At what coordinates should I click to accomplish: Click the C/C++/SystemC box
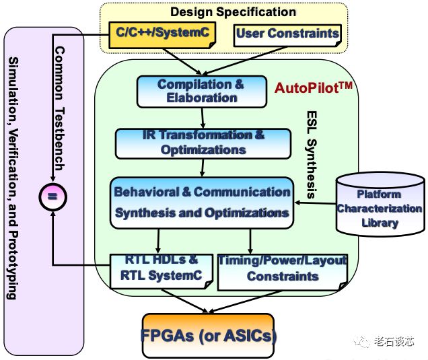click(162, 35)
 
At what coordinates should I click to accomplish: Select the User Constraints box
click(287, 36)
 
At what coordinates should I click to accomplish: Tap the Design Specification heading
click(233, 12)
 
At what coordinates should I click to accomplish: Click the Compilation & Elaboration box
click(202, 92)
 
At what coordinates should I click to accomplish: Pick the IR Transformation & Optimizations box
click(203, 143)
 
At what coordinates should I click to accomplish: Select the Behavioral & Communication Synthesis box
click(202, 203)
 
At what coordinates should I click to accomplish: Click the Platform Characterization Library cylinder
click(380, 204)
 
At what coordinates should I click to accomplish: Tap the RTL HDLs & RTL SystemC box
click(162, 271)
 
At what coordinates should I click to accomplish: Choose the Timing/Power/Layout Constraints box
click(283, 272)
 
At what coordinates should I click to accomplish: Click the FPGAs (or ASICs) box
click(208, 336)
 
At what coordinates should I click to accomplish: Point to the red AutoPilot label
click(314, 87)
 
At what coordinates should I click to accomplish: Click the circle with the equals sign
click(52, 196)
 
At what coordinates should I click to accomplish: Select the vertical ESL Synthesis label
click(311, 155)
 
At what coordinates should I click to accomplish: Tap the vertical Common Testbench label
click(59, 108)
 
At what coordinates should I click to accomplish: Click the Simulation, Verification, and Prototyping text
click(13, 178)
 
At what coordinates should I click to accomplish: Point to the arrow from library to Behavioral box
click(315, 203)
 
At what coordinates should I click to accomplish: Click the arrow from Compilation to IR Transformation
click(203, 118)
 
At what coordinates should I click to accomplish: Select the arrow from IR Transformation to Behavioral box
click(203, 168)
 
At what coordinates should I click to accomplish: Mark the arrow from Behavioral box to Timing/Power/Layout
click(250, 242)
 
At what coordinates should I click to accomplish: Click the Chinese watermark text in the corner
click(394, 341)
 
